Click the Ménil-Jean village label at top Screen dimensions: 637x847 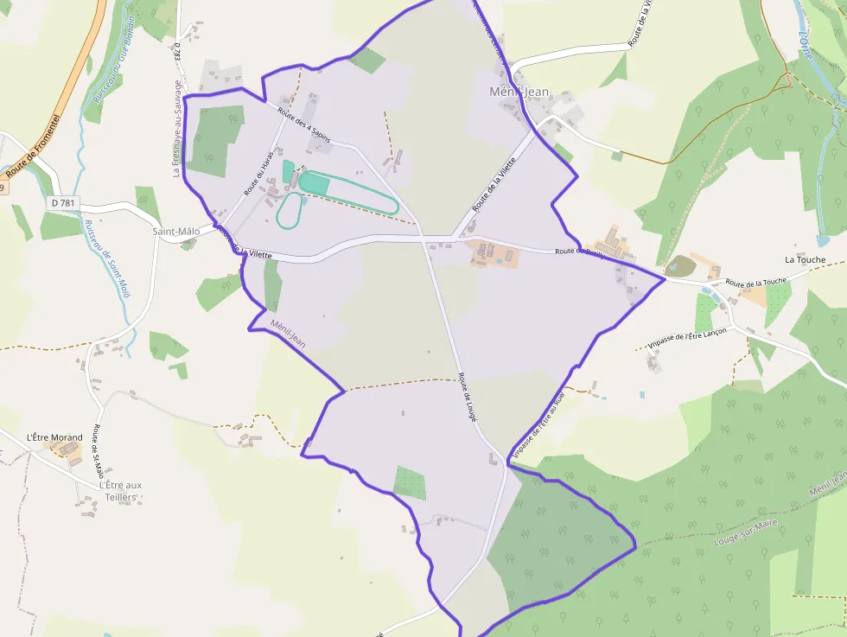tap(519, 92)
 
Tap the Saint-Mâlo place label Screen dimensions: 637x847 tap(175, 232)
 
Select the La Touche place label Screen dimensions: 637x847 tap(805, 259)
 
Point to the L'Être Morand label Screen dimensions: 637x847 tap(54, 437)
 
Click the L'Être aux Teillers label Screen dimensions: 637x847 tap(120, 490)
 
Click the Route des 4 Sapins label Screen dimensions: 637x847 tap(303, 125)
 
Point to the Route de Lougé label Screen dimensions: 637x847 tap(468, 397)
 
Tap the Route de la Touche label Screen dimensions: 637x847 tap(755, 282)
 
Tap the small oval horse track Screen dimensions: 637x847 tap(290, 211)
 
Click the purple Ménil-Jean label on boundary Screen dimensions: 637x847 tap(288, 334)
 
